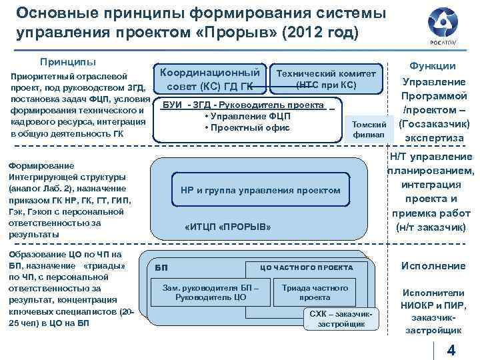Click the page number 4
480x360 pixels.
[x=451, y=351]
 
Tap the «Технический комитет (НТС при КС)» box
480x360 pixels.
[x=326, y=79]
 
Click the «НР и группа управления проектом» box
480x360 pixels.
[x=260, y=191]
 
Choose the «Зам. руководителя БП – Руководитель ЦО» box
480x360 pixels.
[x=210, y=292]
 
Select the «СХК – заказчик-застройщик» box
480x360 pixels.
[x=341, y=319]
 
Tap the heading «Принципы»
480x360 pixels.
[x=68, y=61]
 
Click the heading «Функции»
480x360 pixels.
[x=433, y=66]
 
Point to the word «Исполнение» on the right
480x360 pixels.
[x=433, y=265]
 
